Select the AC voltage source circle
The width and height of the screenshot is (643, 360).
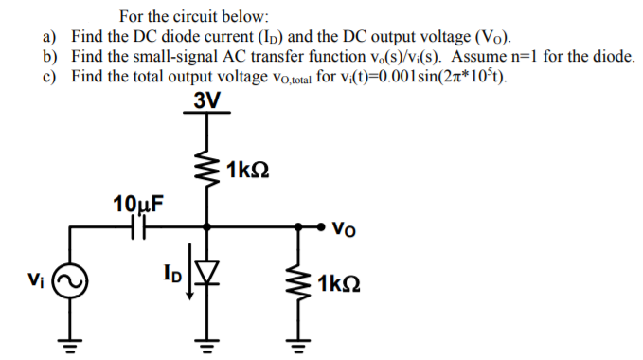(x=73, y=282)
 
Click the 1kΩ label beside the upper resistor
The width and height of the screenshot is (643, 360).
(x=250, y=171)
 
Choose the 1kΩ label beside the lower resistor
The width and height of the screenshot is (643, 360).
(x=338, y=284)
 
